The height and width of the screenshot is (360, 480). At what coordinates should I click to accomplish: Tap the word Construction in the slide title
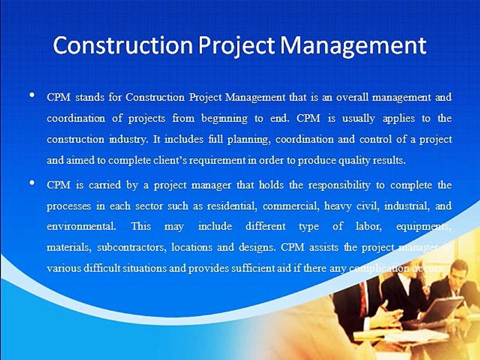click(122, 46)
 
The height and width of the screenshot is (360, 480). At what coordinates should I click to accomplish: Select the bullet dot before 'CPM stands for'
click(32, 95)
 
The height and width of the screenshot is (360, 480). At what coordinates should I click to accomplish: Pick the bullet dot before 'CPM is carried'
click(32, 183)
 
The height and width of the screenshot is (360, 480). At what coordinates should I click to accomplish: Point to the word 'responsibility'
click(339, 185)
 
